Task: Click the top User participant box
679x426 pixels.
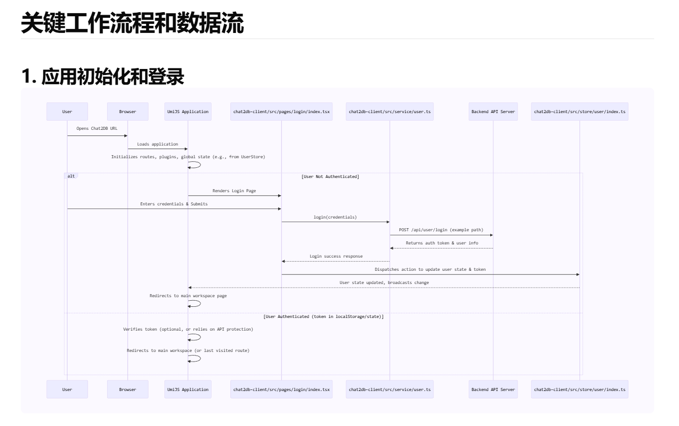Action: [67, 112]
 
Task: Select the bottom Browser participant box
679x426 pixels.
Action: [127, 389]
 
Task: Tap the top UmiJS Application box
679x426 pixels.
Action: [188, 112]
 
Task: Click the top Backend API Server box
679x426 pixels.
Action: [493, 112]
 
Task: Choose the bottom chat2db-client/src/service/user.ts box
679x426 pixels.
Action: [390, 389]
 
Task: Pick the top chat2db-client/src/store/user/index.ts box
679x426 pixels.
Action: [580, 112]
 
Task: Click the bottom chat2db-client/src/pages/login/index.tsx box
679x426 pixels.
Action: [281, 389]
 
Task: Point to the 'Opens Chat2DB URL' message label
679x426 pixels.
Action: [97, 129]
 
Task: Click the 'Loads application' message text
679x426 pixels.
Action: [157, 145]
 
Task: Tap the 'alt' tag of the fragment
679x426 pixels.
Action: [71, 176]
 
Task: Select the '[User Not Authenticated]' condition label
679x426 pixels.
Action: [330, 176]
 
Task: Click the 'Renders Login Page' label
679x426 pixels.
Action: [234, 191]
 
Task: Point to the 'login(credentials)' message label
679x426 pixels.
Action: [335, 217]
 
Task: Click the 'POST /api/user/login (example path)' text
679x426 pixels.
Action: [441, 230]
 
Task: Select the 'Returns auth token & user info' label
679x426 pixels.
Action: [442, 243]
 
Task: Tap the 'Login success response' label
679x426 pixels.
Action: [336, 257]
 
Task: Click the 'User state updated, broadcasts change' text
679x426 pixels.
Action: [384, 282]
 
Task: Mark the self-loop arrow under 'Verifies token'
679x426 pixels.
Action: [195, 337]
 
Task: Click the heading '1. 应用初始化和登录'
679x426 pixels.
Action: [103, 76]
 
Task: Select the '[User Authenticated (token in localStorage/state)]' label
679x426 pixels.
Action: [323, 316]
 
